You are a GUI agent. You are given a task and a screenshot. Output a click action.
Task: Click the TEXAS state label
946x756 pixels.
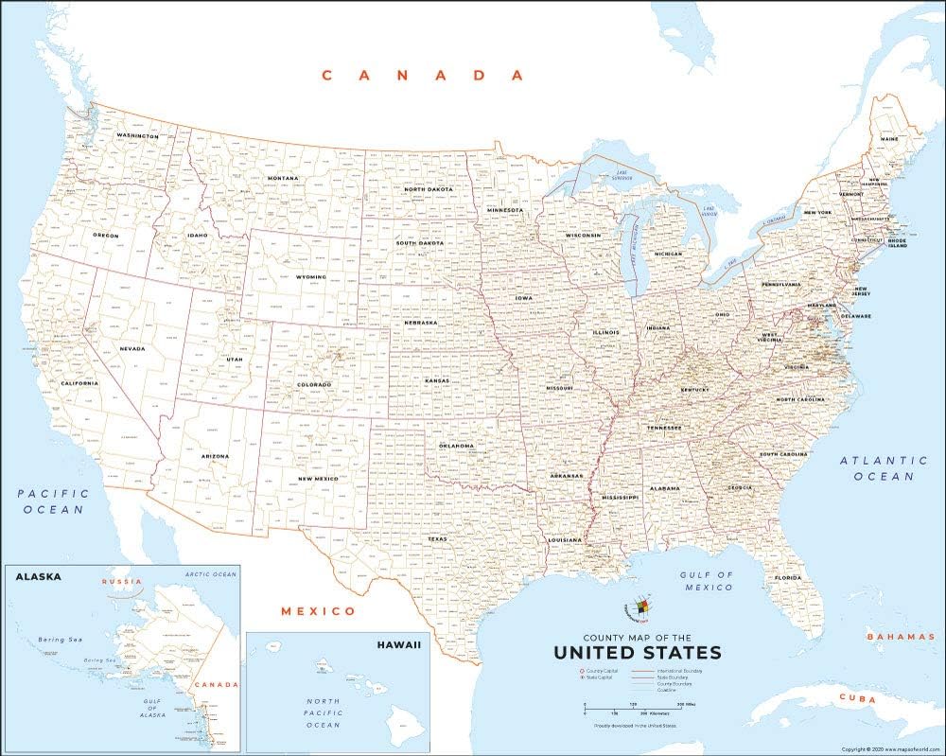click(x=437, y=539)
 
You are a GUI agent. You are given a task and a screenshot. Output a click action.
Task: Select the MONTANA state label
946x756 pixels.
click(x=282, y=178)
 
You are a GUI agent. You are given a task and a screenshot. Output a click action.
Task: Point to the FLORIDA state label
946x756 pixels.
click(x=788, y=577)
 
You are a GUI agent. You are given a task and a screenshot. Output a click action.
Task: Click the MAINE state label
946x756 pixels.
click(x=889, y=139)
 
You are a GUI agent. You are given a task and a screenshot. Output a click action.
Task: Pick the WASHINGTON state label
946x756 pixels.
click(x=137, y=136)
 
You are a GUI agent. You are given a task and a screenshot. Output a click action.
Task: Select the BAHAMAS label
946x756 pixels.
click(x=901, y=637)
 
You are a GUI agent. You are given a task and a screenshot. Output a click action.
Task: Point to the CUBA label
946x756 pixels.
click(x=854, y=697)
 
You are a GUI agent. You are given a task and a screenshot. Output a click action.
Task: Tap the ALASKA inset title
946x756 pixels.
click(x=38, y=575)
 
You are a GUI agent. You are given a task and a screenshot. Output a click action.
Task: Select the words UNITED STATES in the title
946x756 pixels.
click(x=637, y=653)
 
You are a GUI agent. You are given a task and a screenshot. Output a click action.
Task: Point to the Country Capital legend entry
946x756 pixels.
click(x=602, y=670)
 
